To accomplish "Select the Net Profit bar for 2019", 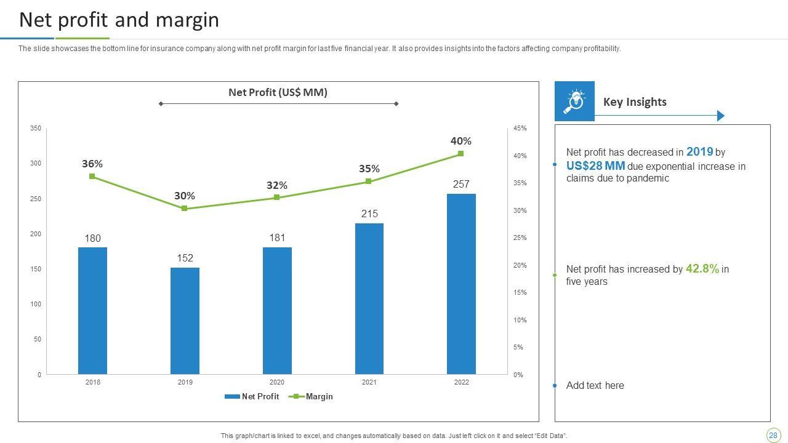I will point(185,321).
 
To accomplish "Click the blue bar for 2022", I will point(461,284).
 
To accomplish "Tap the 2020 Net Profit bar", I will point(277,311).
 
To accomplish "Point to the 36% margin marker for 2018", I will point(92,177).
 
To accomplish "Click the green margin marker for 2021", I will point(368,182).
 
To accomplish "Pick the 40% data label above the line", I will point(460,141).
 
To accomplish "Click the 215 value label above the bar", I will point(369,214).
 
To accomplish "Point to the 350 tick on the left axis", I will point(36,128).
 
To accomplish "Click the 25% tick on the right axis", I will point(520,237).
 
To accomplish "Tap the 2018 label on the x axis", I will point(93,382).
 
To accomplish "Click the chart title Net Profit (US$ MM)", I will point(278,92).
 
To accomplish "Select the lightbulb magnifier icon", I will point(574,101).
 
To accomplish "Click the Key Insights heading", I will point(635,102).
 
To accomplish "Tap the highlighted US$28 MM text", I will point(595,166).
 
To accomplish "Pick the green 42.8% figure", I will point(702,269).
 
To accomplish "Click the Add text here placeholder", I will point(595,386).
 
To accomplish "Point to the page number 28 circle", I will point(773,435).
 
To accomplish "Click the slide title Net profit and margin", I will point(119,20).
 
